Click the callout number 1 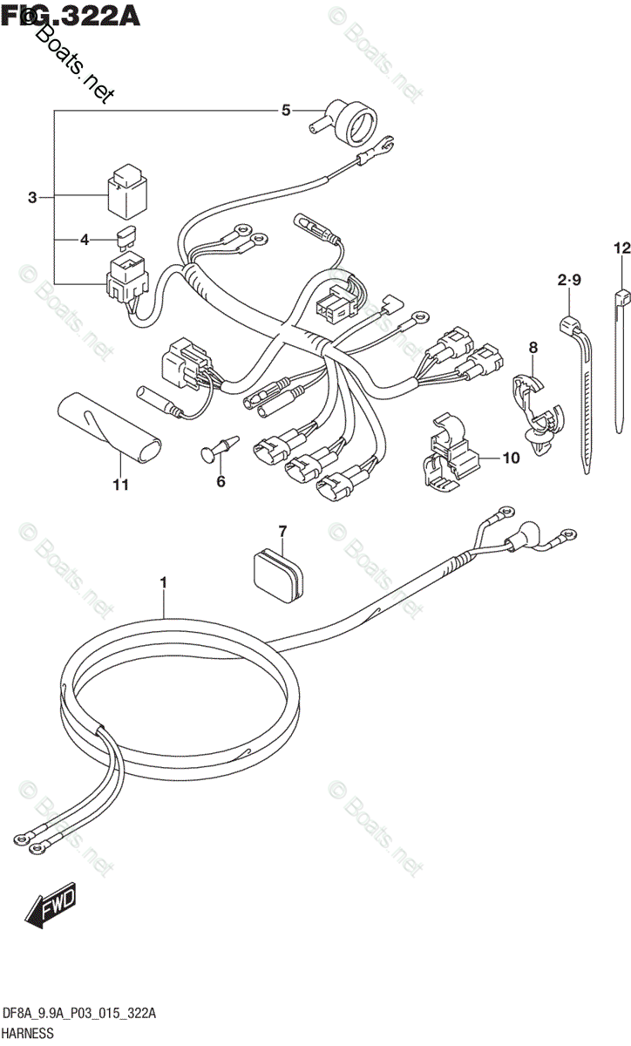163,581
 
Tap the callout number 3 32,198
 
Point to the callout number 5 284,110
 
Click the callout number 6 221,480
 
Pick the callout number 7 282,530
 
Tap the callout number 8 533,349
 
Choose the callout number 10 510,457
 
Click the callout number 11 120,485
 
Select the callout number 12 620,249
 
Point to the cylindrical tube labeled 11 111,426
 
